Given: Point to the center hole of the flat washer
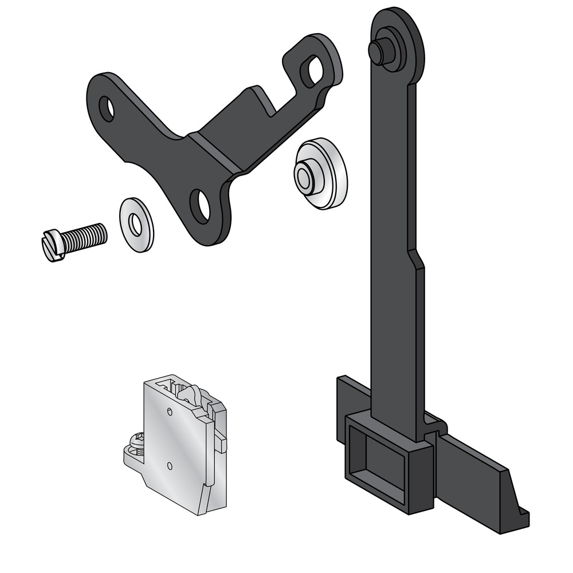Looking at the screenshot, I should pyautogui.click(x=135, y=225).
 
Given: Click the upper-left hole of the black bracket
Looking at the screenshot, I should pyautogui.click(x=107, y=108).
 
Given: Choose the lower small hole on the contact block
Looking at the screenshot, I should pyautogui.click(x=170, y=465).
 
